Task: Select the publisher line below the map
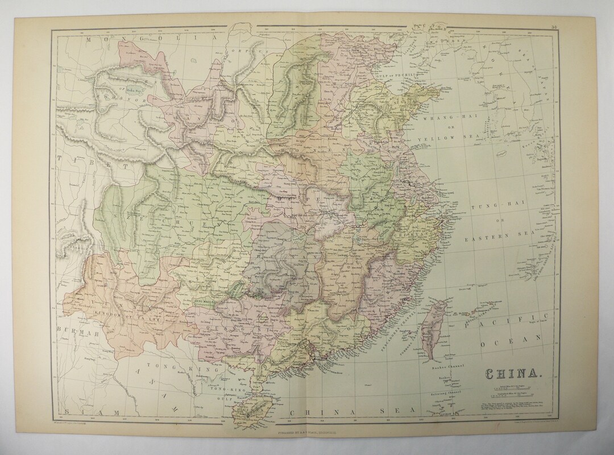[x=307, y=440]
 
